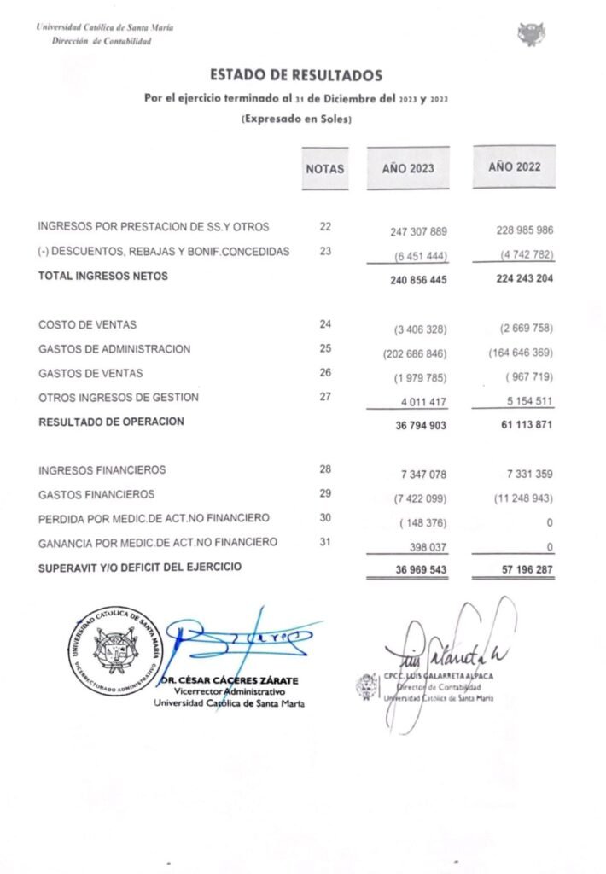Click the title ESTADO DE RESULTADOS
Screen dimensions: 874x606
pyautogui.click(x=296, y=76)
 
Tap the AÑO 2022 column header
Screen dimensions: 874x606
pyautogui.click(x=514, y=167)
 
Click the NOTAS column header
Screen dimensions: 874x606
pyautogui.click(x=325, y=169)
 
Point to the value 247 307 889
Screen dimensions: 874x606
pyautogui.click(x=413, y=232)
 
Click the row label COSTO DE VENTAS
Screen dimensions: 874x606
pyautogui.click(x=87, y=325)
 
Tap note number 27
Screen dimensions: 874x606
pyautogui.click(x=325, y=397)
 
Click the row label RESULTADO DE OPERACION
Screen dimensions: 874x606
pyautogui.click(x=111, y=422)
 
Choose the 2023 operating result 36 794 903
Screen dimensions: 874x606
pyautogui.click(x=413, y=424)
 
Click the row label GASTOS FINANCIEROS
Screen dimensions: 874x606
pyautogui.click(x=96, y=494)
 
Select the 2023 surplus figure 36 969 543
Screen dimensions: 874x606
pyautogui.click(x=413, y=569)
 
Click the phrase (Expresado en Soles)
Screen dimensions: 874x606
pyautogui.click(x=296, y=119)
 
